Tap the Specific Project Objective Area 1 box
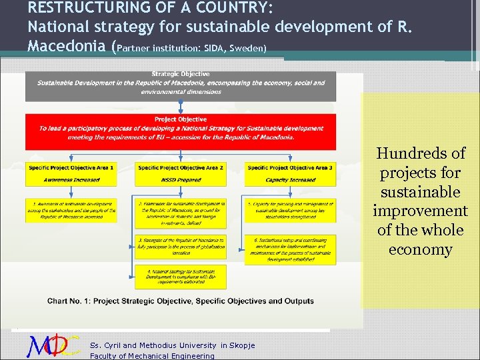pyautogui.click(x=70, y=173)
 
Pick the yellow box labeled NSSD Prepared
pyautogui.click(x=180, y=173)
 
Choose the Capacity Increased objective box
pyautogui.click(x=290, y=173)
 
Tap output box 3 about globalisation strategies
pyautogui.click(x=180, y=246)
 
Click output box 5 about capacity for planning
pyautogui.click(x=290, y=211)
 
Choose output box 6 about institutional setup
pyautogui.click(x=290, y=249)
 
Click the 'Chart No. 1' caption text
pyautogui.click(x=180, y=301)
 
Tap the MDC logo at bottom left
pyautogui.click(x=53, y=345)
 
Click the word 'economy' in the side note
pyautogui.click(x=421, y=249)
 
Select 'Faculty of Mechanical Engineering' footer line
pyautogui.click(x=152, y=355)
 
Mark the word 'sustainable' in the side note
pyautogui.click(x=421, y=192)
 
